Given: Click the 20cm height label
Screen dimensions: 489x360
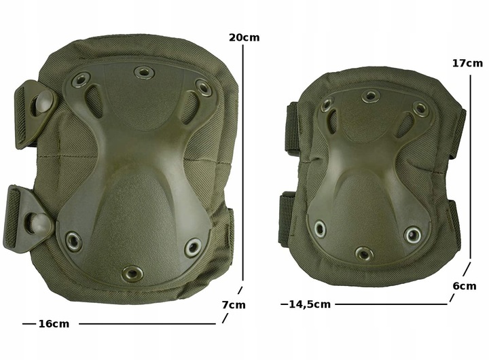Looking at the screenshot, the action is [244, 37].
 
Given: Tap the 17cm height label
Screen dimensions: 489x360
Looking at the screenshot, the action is [467, 63].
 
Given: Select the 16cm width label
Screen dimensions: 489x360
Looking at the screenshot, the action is [54, 324].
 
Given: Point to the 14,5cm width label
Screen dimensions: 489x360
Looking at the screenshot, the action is [310, 304].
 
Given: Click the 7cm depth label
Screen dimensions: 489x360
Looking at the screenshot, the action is [234, 305].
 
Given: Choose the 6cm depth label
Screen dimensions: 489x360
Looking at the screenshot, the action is [465, 286].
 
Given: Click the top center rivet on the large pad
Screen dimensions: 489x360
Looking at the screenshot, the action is [144, 73].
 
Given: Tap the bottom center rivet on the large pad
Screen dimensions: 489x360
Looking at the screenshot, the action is [132, 274].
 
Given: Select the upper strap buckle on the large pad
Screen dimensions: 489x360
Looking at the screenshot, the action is [35, 113].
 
